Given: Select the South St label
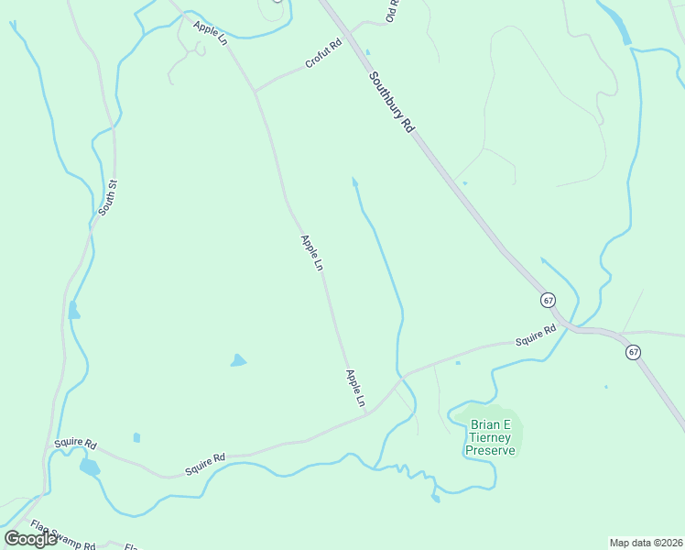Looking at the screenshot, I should coord(108,197).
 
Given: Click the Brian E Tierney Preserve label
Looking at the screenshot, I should coord(492,437).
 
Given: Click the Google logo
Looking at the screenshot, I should coord(30,538).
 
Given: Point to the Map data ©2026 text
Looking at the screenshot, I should coord(646,542).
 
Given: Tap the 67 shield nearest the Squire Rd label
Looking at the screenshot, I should coord(548,300).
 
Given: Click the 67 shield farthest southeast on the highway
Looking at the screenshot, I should coord(633,352).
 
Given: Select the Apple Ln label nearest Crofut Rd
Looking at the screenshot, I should coord(211,30).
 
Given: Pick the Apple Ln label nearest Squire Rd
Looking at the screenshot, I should coord(355,388).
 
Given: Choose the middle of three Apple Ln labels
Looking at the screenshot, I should coord(312,252).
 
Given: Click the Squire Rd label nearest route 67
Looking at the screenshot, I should coord(536,335).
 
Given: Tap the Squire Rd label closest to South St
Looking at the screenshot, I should coord(75,444).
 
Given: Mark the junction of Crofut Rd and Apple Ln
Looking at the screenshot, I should coord(255,91).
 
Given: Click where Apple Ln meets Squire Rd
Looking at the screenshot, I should coord(366,413).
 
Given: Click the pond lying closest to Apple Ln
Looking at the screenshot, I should coord(238,360).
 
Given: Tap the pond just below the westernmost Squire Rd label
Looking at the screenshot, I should coord(89,467).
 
